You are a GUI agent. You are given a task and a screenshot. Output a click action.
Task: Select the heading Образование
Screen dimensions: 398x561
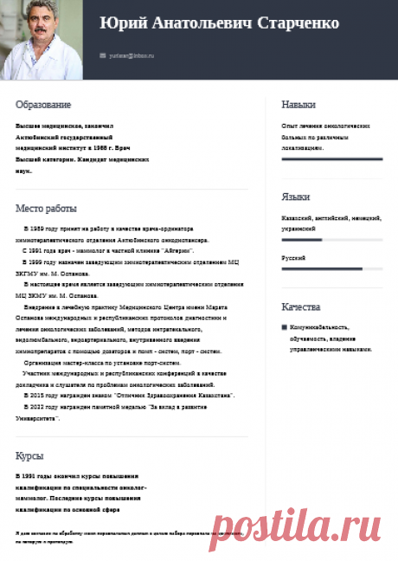click(x=43, y=105)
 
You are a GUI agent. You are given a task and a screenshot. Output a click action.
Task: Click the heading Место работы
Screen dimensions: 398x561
click(x=46, y=209)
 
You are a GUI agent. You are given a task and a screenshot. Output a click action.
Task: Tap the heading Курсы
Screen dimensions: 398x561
click(x=29, y=455)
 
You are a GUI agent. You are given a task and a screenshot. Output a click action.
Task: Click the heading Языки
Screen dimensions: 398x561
click(x=296, y=197)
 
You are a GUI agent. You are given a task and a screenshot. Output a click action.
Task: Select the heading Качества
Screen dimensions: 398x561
click(x=301, y=307)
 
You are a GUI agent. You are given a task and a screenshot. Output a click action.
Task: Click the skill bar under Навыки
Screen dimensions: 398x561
click(x=332, y=159)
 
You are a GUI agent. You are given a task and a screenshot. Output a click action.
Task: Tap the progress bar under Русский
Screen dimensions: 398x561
click(x=332, y=268)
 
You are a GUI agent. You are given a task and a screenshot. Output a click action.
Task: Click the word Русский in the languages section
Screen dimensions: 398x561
click(x=293, y=258)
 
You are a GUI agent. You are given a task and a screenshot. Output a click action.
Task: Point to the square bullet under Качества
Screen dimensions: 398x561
click(x=285, y=327)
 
